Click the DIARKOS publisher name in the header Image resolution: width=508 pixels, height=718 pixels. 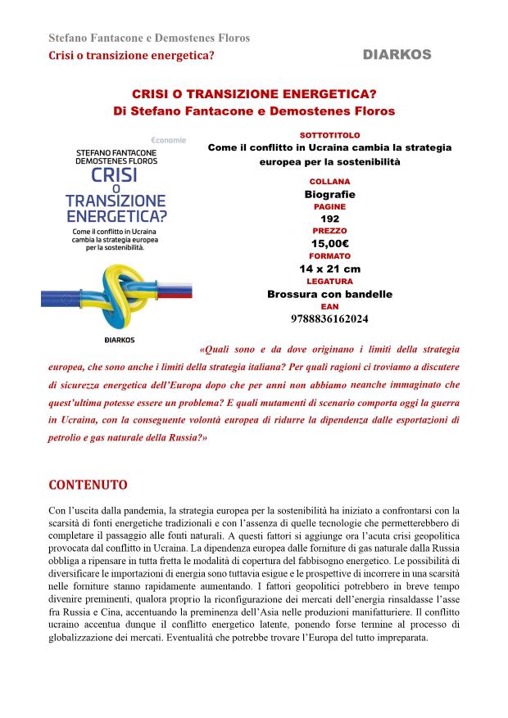[x=397, y=54]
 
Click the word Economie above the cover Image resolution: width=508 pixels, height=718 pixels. [x=168, y=139]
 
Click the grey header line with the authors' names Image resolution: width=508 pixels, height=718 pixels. [x=149, y=38]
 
